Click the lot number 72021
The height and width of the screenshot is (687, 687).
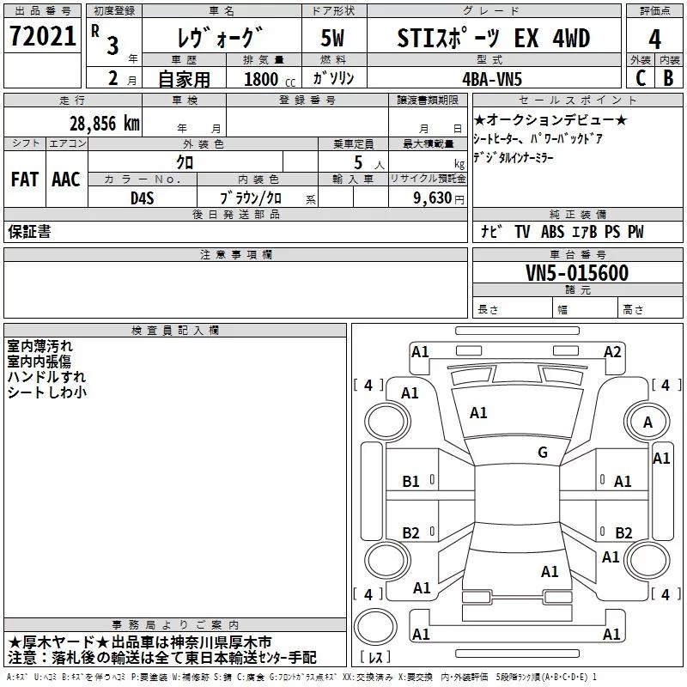41,38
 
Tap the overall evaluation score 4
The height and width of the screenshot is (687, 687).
655,39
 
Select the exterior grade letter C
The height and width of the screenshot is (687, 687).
639,77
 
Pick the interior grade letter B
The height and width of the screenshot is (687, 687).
668,77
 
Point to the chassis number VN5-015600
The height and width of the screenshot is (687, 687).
576,273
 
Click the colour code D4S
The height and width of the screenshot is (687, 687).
142,198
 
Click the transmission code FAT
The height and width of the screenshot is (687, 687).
24,179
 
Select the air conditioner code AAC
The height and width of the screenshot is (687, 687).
66,179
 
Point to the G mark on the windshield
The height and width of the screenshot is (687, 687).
542,453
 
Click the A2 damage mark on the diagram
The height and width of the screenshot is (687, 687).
612,351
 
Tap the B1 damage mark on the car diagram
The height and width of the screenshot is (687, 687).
411,482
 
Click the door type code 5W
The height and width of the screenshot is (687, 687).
332,39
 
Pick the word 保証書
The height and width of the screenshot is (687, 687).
29,231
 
